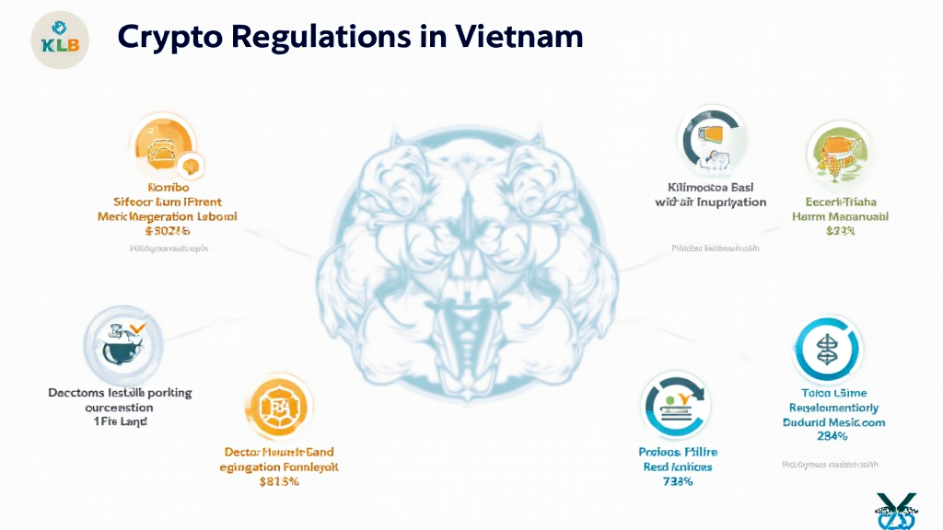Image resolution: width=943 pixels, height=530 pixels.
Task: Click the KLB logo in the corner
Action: [60, 41]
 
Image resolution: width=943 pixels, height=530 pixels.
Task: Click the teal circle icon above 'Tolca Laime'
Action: [825, 348]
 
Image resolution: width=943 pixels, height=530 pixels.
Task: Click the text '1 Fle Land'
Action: [121, 421]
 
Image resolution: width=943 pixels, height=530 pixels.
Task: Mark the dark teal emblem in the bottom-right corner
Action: [897, 511]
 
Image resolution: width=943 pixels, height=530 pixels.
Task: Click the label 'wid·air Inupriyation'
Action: [710, 202]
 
